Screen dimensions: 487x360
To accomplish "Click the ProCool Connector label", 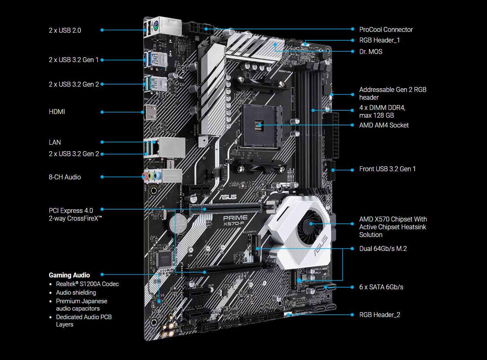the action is pos(386,29).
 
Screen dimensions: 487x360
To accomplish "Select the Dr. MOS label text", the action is pos(371,51).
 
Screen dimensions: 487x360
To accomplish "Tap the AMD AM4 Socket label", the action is pos(384,125).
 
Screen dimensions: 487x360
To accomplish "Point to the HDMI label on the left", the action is pos(57,112).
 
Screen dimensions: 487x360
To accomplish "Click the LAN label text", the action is pos(55,142).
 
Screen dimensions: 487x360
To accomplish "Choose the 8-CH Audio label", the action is pos(65,177).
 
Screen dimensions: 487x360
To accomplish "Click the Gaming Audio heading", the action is pos(69,275).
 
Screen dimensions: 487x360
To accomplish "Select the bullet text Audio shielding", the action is pos(76,293).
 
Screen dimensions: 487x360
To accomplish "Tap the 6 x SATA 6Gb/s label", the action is pos(381,287).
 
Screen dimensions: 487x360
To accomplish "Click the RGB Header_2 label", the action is pos(380,315).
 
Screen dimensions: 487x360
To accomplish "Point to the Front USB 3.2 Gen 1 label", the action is pos(387,169).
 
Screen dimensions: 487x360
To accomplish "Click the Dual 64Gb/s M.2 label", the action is pos(383,248).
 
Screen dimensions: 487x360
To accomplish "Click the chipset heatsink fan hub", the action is pos(310,224).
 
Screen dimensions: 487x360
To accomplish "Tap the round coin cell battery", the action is pos(178,224).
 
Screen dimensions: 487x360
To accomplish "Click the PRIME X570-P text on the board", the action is pos(235,220).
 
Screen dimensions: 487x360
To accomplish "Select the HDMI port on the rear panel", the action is pos(151,112).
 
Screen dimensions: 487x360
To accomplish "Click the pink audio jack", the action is pos(145,177).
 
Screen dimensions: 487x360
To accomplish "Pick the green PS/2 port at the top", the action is pos(155,27).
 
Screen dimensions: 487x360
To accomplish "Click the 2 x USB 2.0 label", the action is pos(65,30).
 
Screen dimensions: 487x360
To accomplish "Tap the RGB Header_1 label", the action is pos(379,40).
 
